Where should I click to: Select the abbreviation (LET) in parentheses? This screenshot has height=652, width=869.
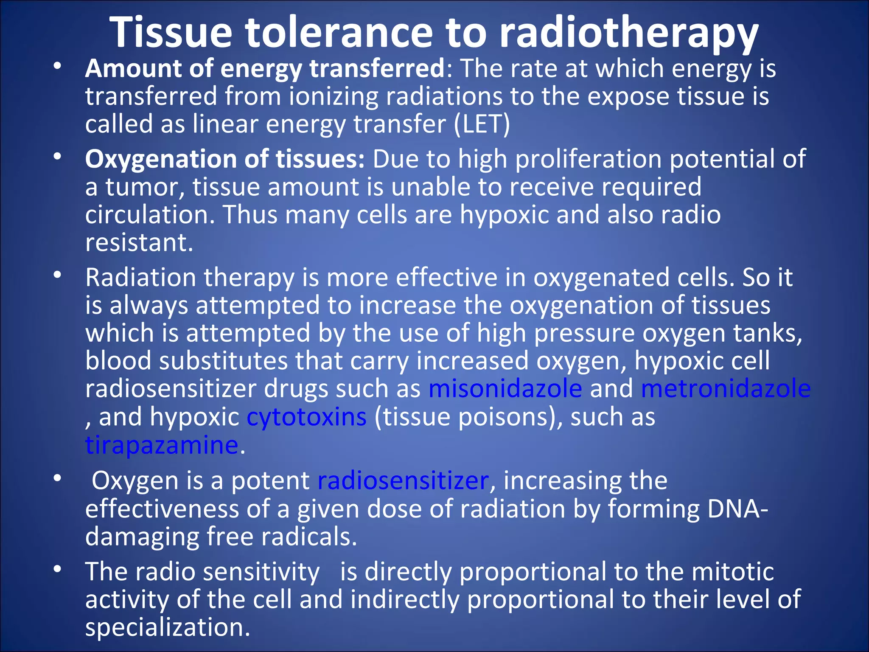pos(482,124)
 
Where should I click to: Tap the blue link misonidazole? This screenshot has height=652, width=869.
pos(505,388)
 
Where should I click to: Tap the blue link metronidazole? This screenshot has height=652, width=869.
pos(726,388)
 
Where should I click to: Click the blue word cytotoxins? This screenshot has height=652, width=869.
pos(306,417)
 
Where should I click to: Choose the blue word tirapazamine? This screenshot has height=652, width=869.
pos(162,445)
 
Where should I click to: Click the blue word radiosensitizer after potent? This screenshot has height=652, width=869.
pos(403,481)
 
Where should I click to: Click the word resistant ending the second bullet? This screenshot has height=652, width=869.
pos(139,243)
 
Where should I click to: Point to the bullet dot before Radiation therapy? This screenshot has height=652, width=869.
pos(58,275)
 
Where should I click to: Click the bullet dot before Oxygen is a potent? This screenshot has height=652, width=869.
pos(58,478)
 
